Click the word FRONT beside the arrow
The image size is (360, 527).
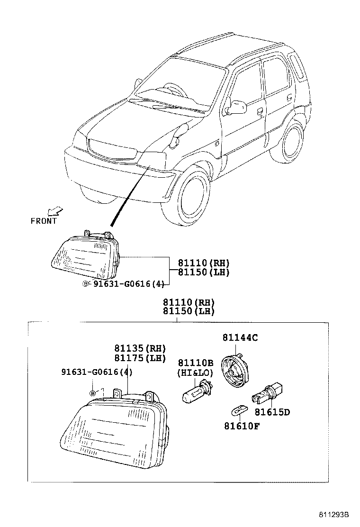pos(44,221)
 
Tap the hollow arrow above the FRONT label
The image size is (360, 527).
pos(56,210)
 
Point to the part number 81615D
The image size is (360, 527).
pos(272,412)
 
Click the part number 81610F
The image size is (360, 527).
pos(242,425)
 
